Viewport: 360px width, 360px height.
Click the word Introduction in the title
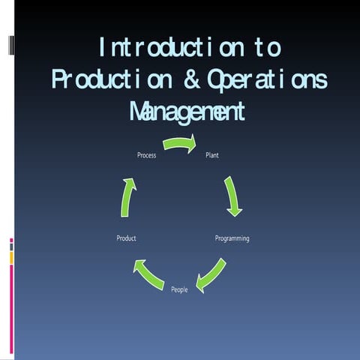169,49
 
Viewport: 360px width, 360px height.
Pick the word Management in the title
187,112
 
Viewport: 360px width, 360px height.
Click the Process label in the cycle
146,155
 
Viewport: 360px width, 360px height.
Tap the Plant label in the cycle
212,155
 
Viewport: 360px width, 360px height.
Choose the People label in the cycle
179,289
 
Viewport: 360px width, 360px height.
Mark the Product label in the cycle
126,238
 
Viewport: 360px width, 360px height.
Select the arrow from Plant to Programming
232,196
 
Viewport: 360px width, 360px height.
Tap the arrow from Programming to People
211,274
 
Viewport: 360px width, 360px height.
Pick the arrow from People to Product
148,274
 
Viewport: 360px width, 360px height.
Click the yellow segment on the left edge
11,257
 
